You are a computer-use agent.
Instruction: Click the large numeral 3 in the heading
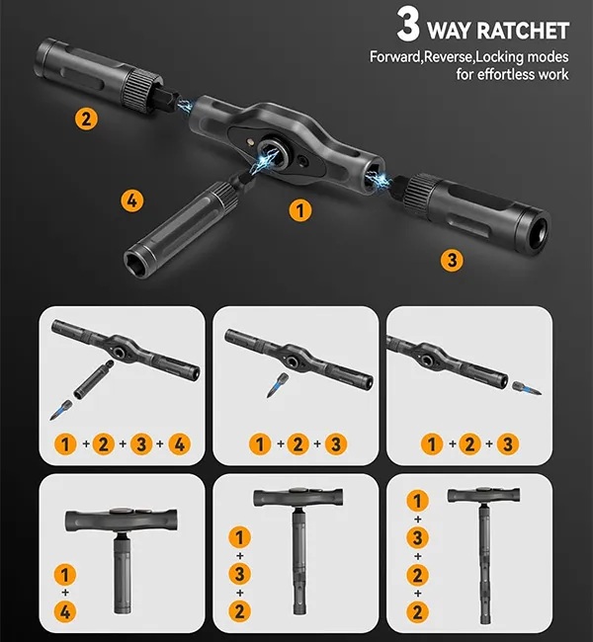408,25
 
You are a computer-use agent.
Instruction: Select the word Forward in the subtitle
395,56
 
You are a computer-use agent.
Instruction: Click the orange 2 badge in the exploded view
86,120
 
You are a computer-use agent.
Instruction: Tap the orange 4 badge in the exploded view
132,201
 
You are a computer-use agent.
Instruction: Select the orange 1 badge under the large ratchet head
300,210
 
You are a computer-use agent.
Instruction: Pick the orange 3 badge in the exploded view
452,260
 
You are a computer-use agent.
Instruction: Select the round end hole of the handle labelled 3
540,232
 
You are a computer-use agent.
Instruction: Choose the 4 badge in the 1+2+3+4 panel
179,444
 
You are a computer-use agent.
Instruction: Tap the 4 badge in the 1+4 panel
65,612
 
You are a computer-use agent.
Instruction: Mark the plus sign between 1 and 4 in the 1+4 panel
65,593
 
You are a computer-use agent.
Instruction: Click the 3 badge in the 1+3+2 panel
240,574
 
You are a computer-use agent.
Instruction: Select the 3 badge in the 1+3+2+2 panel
418,537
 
